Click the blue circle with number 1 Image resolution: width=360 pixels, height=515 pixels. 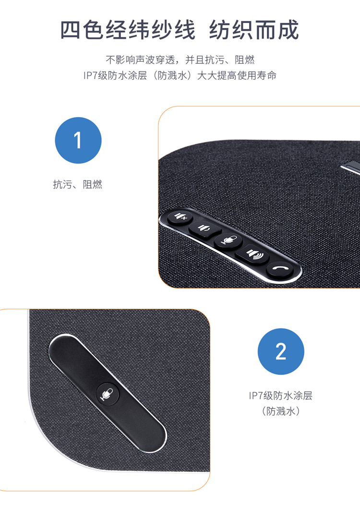78,140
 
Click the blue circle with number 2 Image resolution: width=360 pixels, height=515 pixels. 281,351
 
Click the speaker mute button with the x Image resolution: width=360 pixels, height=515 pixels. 180,217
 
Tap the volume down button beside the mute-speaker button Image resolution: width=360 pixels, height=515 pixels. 204,228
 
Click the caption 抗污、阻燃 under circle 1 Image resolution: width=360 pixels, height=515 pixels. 77,184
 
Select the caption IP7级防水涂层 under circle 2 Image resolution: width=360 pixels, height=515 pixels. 280,395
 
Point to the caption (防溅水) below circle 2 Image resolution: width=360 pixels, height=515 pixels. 281,411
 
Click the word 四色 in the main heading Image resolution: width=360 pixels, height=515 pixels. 83,30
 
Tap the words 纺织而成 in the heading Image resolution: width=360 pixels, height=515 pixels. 254,30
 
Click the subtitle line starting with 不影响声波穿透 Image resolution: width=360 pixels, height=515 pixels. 180,60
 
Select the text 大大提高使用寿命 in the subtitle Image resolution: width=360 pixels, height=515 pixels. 237,75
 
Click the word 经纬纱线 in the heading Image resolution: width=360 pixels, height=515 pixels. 150,30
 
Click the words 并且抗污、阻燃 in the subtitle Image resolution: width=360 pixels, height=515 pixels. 220,60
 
